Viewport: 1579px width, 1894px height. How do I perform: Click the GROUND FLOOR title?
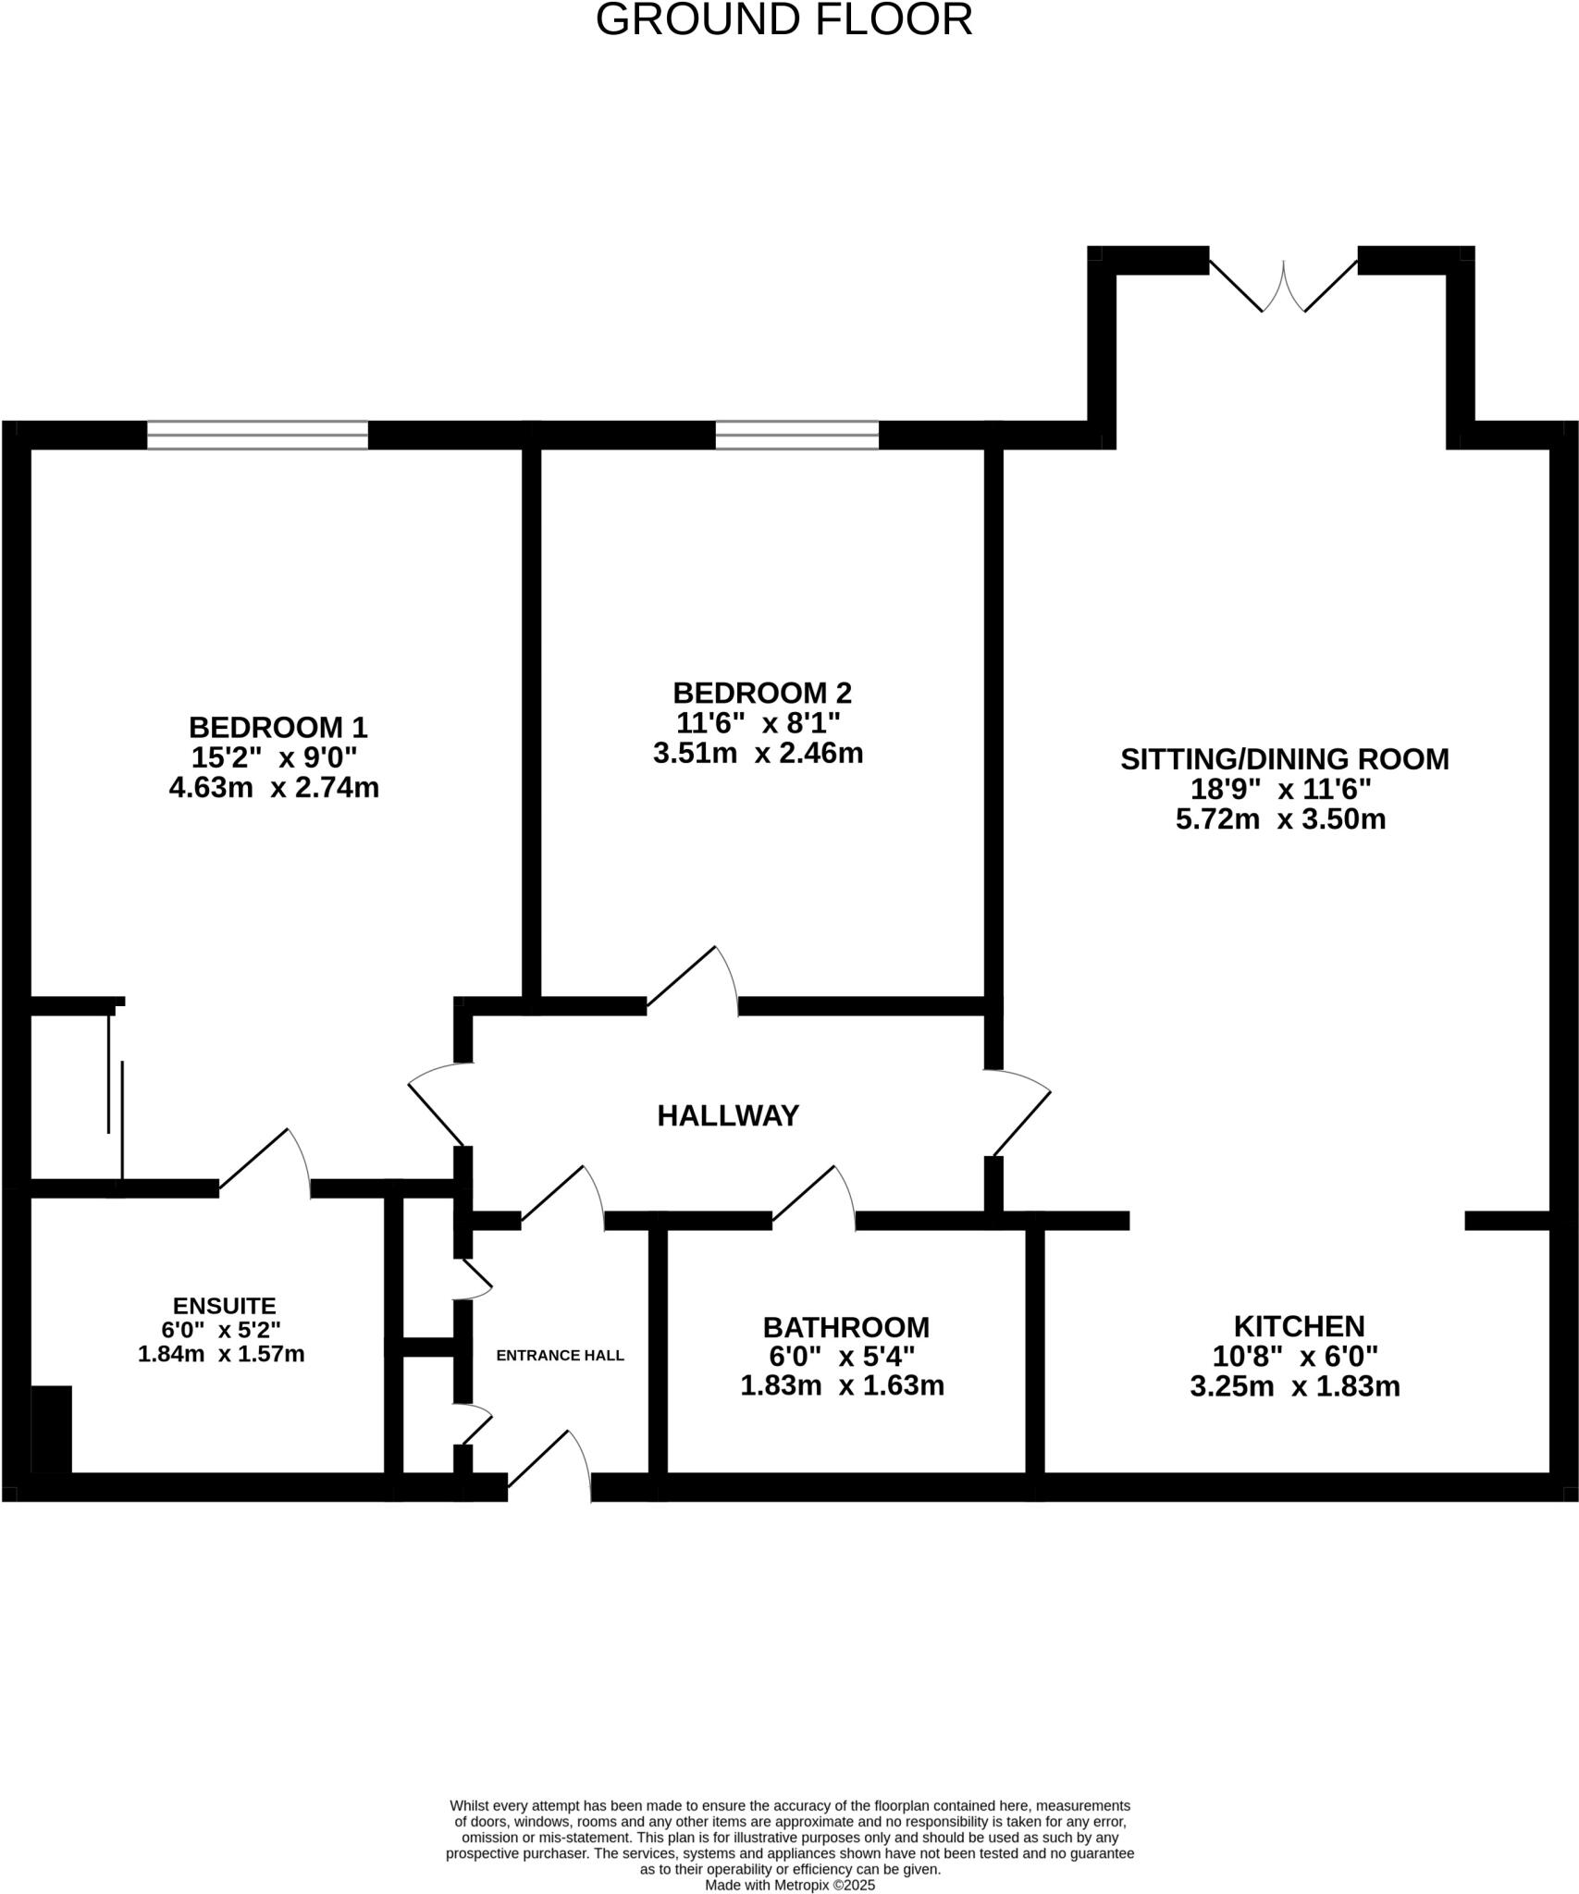(x=783, y=20)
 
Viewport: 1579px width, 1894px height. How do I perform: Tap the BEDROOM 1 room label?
(x=278, y=727)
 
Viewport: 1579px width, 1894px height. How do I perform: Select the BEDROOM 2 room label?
(x=761, y=693)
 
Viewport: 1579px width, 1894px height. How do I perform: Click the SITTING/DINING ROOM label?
(x=1284, y=759)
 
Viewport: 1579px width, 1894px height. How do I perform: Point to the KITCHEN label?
(x=1299, y=1326)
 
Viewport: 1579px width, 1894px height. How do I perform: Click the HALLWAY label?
(x=727, y=1116)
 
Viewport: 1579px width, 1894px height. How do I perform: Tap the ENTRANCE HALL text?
(x=560, y=1356)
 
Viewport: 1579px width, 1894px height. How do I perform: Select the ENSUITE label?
(x=224, y=1306)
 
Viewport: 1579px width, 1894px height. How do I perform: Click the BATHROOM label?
(x=845, y=1327)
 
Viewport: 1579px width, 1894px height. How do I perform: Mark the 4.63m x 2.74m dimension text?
(x=274, y=788)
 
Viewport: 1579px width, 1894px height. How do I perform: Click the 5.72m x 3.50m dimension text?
(x=1280, y=819)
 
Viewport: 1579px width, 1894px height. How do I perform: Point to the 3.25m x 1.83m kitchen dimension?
(x=1294, y=1387)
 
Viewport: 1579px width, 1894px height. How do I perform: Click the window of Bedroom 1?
(x=257, y=435)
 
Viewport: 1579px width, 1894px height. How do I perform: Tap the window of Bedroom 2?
(x=796, y=435)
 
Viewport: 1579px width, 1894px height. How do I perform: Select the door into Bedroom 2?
(x=692, y=980)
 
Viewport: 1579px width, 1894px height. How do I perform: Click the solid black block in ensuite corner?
(x=52, y=1428)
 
